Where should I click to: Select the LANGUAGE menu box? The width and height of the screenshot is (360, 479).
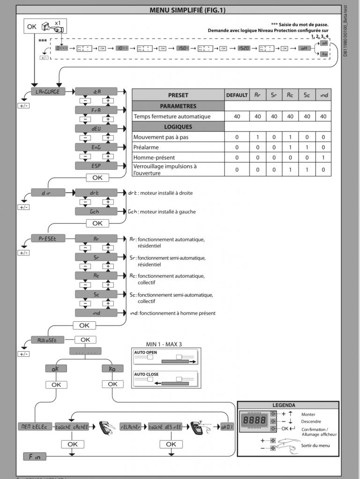click(x=48, y=92)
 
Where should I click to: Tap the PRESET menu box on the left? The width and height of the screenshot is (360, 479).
click(x=48, y=239)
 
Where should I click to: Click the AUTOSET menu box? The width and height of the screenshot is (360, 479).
click(x=48, y=340)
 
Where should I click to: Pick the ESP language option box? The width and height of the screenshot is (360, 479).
click(x=96, y=166)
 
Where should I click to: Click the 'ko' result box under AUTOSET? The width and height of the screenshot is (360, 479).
click(x=112, y=369)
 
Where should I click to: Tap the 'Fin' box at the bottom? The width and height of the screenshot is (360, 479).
click(x=35, y=456)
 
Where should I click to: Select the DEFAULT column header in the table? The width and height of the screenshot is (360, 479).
click(x=237, y=95)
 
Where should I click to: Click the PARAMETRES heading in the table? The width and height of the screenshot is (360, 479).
click(x=178, y=106)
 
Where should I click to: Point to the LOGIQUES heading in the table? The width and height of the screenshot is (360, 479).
click(x=178, y=127)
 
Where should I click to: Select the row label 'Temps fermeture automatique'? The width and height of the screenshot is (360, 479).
click(x=172, y=116)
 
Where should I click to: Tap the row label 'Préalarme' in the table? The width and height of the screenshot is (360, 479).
click(x=146, y=147)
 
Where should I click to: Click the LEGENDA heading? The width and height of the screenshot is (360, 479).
click(x=287, y=405)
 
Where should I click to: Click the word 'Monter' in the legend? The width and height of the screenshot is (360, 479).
click(x=308, y=414)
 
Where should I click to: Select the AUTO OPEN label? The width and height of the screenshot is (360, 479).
click(x=146, y=352)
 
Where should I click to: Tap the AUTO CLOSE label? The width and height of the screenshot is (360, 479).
click(x=147, y=374)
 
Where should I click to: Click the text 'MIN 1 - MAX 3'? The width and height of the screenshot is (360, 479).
click(x=164, y=344)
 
